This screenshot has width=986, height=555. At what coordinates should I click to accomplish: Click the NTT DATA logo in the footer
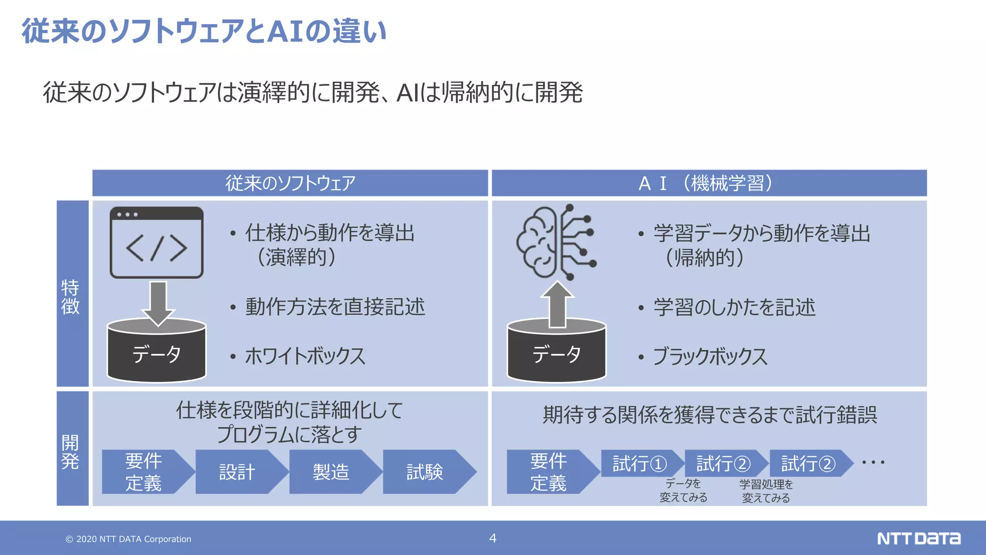pyautogui.click(x=918, y=538)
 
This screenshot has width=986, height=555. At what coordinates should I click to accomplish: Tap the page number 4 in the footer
pyautogui.click(x=493, y=538)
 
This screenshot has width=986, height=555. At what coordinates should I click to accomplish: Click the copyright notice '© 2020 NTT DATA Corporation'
pyautogui.click(x=128, y=539)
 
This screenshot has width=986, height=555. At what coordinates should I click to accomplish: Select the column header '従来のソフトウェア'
pyautogui.click(x=290, y=183)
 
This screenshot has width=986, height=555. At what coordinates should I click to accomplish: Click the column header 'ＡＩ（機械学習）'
pyautogui.click(x=709, y=183)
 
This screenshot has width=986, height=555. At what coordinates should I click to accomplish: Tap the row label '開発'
pyautogui.click(x=70, y=451)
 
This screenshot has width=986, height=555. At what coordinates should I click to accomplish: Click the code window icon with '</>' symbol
pyautogui.click(x=156, y=242)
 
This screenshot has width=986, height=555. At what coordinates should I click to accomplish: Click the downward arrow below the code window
pyautogui.click(x=158, y=302)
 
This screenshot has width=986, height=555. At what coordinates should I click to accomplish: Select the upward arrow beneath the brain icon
pyautogui.click(x=557, y=304)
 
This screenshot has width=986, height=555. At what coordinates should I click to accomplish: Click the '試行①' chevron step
pyautogui.click(x=639, y=463)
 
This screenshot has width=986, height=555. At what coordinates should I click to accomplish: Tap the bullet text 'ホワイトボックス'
pyautogui.click(x=305, y=356)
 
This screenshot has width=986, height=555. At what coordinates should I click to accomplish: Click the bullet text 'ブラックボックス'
pyautogui.click(x=710, y=357)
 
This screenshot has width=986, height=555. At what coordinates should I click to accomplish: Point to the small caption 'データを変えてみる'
pyautogui.click(x=683, y=490)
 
